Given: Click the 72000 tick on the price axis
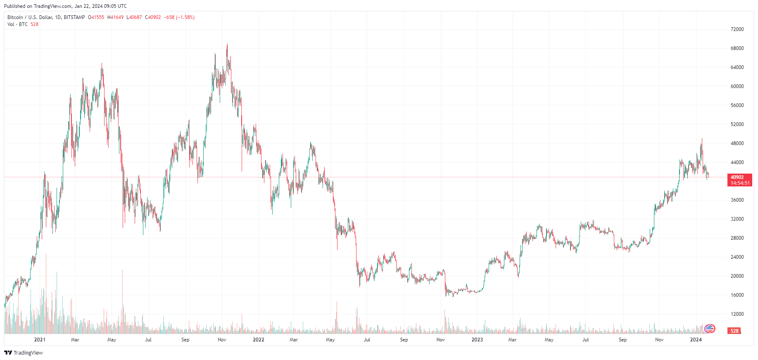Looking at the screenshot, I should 737,29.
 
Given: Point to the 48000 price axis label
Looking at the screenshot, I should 737,143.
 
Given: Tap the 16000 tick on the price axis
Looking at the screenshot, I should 737,295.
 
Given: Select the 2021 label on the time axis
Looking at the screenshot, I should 40,340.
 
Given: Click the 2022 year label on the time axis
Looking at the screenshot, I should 258,340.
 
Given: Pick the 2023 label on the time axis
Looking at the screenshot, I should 477,340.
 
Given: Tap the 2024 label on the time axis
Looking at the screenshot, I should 696,340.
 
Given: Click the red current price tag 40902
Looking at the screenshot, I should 737,177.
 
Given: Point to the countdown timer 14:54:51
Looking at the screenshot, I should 740,183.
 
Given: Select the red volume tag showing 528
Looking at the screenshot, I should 734,331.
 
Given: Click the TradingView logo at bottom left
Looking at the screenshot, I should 24,353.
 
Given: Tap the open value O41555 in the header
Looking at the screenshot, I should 96,17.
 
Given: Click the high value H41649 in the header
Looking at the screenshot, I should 115,17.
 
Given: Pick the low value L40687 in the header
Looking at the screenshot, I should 134,17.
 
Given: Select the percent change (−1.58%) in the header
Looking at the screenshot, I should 185,17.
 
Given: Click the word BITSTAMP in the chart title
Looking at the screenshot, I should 74,17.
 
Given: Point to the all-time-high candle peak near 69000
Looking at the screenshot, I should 227,45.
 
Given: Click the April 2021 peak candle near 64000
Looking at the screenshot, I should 102,64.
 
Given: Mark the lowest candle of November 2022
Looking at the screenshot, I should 453,296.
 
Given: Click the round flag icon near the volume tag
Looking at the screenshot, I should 710,329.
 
